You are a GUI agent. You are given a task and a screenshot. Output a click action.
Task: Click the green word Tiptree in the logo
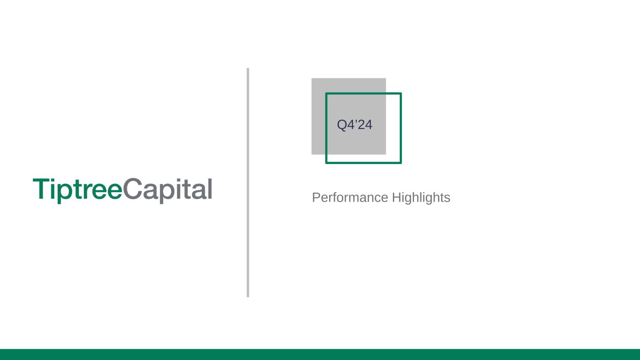pos(78,191)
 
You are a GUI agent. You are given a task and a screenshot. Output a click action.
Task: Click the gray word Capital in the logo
pos(167,191)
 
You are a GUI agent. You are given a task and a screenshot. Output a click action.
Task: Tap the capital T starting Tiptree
pos(42,189)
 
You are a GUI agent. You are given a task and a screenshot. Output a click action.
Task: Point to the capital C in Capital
pos(132,188)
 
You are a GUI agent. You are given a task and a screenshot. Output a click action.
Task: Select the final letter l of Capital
pos(210,189)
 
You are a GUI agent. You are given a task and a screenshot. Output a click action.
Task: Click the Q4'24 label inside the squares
pos(354,125)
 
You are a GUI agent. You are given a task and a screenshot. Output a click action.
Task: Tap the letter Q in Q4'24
pos(342,125)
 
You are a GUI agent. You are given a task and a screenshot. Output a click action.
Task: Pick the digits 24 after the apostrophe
pos(365,125)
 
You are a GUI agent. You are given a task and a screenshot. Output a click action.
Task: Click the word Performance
pos(350,197)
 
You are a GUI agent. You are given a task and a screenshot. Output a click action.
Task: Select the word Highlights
pos(421,198)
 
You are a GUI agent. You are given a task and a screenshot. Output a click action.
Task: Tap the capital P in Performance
pos(316,197)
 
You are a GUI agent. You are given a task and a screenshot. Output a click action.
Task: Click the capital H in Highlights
pos(396,197)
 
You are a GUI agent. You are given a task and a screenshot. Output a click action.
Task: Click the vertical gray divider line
pos(248,182)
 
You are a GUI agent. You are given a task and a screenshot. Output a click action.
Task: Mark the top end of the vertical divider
pos(248,68)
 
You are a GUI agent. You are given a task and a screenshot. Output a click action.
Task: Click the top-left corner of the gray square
pos(311,78)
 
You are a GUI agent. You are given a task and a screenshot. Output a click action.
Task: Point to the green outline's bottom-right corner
pos(401,163)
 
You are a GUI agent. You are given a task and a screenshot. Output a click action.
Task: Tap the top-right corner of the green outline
pos(401,93)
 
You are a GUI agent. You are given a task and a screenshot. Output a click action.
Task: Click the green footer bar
pos(320,354)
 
